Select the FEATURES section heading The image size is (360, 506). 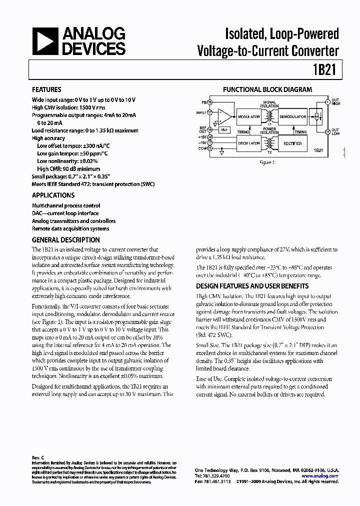46,90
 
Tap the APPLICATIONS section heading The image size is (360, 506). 53,195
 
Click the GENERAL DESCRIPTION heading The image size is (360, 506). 66,240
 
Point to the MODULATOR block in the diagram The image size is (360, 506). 248,116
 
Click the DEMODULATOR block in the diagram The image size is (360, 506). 292,116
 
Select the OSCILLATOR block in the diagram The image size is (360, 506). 248,143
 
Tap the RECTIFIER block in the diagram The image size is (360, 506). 292,143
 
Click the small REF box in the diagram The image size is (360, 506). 225,129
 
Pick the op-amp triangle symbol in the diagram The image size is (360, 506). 225,116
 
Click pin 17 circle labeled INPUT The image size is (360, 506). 210,112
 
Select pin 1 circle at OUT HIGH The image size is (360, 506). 327,102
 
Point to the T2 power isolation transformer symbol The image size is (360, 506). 270,144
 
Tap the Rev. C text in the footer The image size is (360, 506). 38,458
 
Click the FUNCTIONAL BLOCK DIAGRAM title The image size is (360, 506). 267,90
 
